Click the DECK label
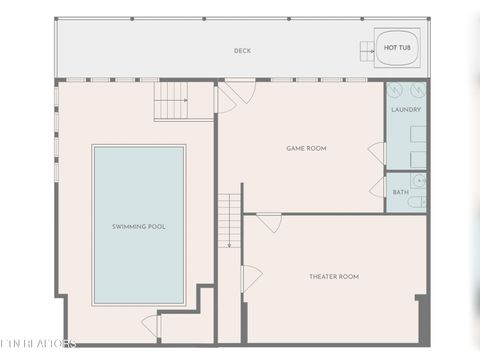click(x=242, y=50)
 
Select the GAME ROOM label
click(x=306, y=148)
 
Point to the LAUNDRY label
click(x=406, y=109)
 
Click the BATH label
click(x=400, y=192)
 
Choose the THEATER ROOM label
click(x=334, y=276)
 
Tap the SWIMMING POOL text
click(x=139, y=226)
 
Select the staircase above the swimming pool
click(x=171, y=101)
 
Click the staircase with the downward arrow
click(x=230, y=220)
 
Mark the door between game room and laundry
click(x=378, y=153)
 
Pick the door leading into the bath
click(x=378, y=188)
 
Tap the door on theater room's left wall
click(x=251, y=277)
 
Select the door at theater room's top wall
click(x=268, y=222)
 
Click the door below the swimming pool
click(x=151, y=326)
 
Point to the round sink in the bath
click(x=419, y=181)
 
